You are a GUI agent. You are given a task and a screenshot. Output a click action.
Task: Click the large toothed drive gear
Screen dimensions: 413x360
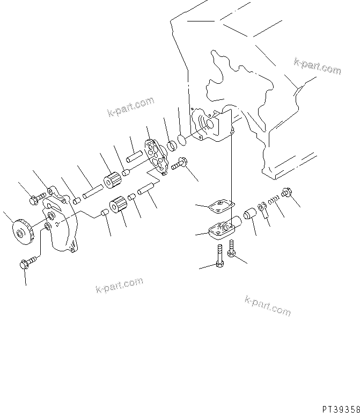(24, 233)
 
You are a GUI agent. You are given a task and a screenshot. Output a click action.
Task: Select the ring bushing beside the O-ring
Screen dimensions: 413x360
(172, 146)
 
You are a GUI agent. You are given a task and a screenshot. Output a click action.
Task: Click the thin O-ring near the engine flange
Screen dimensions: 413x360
(183, 140)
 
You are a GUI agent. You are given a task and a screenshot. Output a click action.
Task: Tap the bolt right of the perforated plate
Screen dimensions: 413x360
(180, 164)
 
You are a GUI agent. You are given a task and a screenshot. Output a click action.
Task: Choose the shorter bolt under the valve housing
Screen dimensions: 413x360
(232, 249)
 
